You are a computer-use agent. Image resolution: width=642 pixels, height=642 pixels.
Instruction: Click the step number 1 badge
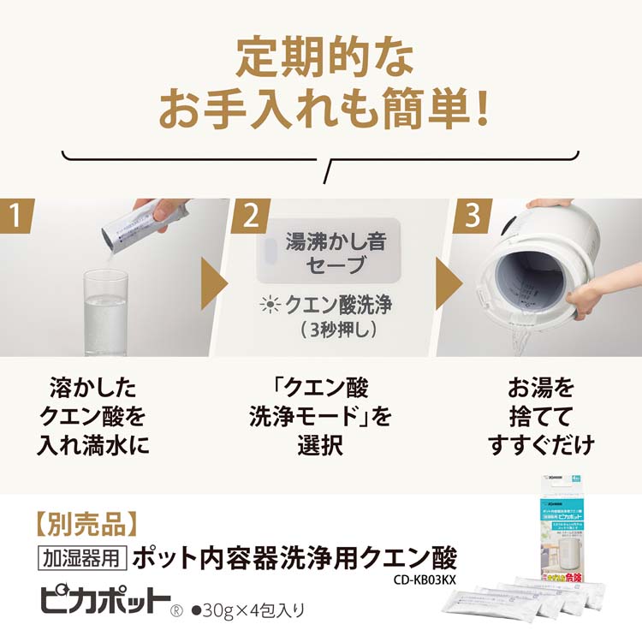(17, 217)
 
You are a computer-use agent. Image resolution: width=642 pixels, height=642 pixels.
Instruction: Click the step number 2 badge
(249, 217)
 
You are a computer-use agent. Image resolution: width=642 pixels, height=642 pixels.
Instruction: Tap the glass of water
(105, 312)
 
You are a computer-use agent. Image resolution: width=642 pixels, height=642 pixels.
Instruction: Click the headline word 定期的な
(321, 62)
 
